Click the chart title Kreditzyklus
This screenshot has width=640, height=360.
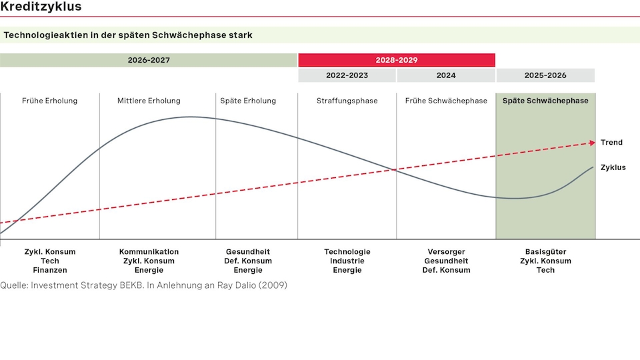(x=41, y=7)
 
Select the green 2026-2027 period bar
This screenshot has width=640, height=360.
(x=149, y=60)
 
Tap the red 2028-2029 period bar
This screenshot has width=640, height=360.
(x=397, y=60)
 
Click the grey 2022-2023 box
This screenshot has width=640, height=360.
(x=347, y=75)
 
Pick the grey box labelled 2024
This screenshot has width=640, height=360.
(x=446, y=75)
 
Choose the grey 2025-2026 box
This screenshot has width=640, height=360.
(x=545, y=75)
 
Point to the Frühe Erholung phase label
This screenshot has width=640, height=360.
(x=49, y=101)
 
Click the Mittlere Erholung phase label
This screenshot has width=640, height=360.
(x=149, y=101)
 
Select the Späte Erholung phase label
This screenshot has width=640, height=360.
(x=248, y=101)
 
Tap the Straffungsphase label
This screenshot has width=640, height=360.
(x=347, y=101)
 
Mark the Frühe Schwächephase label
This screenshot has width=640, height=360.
(x=446, y=101)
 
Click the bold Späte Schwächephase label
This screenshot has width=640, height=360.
(x=545, y=101)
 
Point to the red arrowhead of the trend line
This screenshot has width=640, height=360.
(x=592, y=143)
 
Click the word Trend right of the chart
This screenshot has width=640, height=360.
(x=611, y=143)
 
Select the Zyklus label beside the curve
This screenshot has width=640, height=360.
(x=613, y=167)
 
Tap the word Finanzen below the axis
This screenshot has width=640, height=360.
(x=49, y=270)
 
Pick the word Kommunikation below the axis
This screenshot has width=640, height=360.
(x=149, y=251)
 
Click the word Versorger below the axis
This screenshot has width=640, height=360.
(x=446, y=251)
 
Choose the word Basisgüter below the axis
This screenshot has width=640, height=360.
(x=545, y=251)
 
